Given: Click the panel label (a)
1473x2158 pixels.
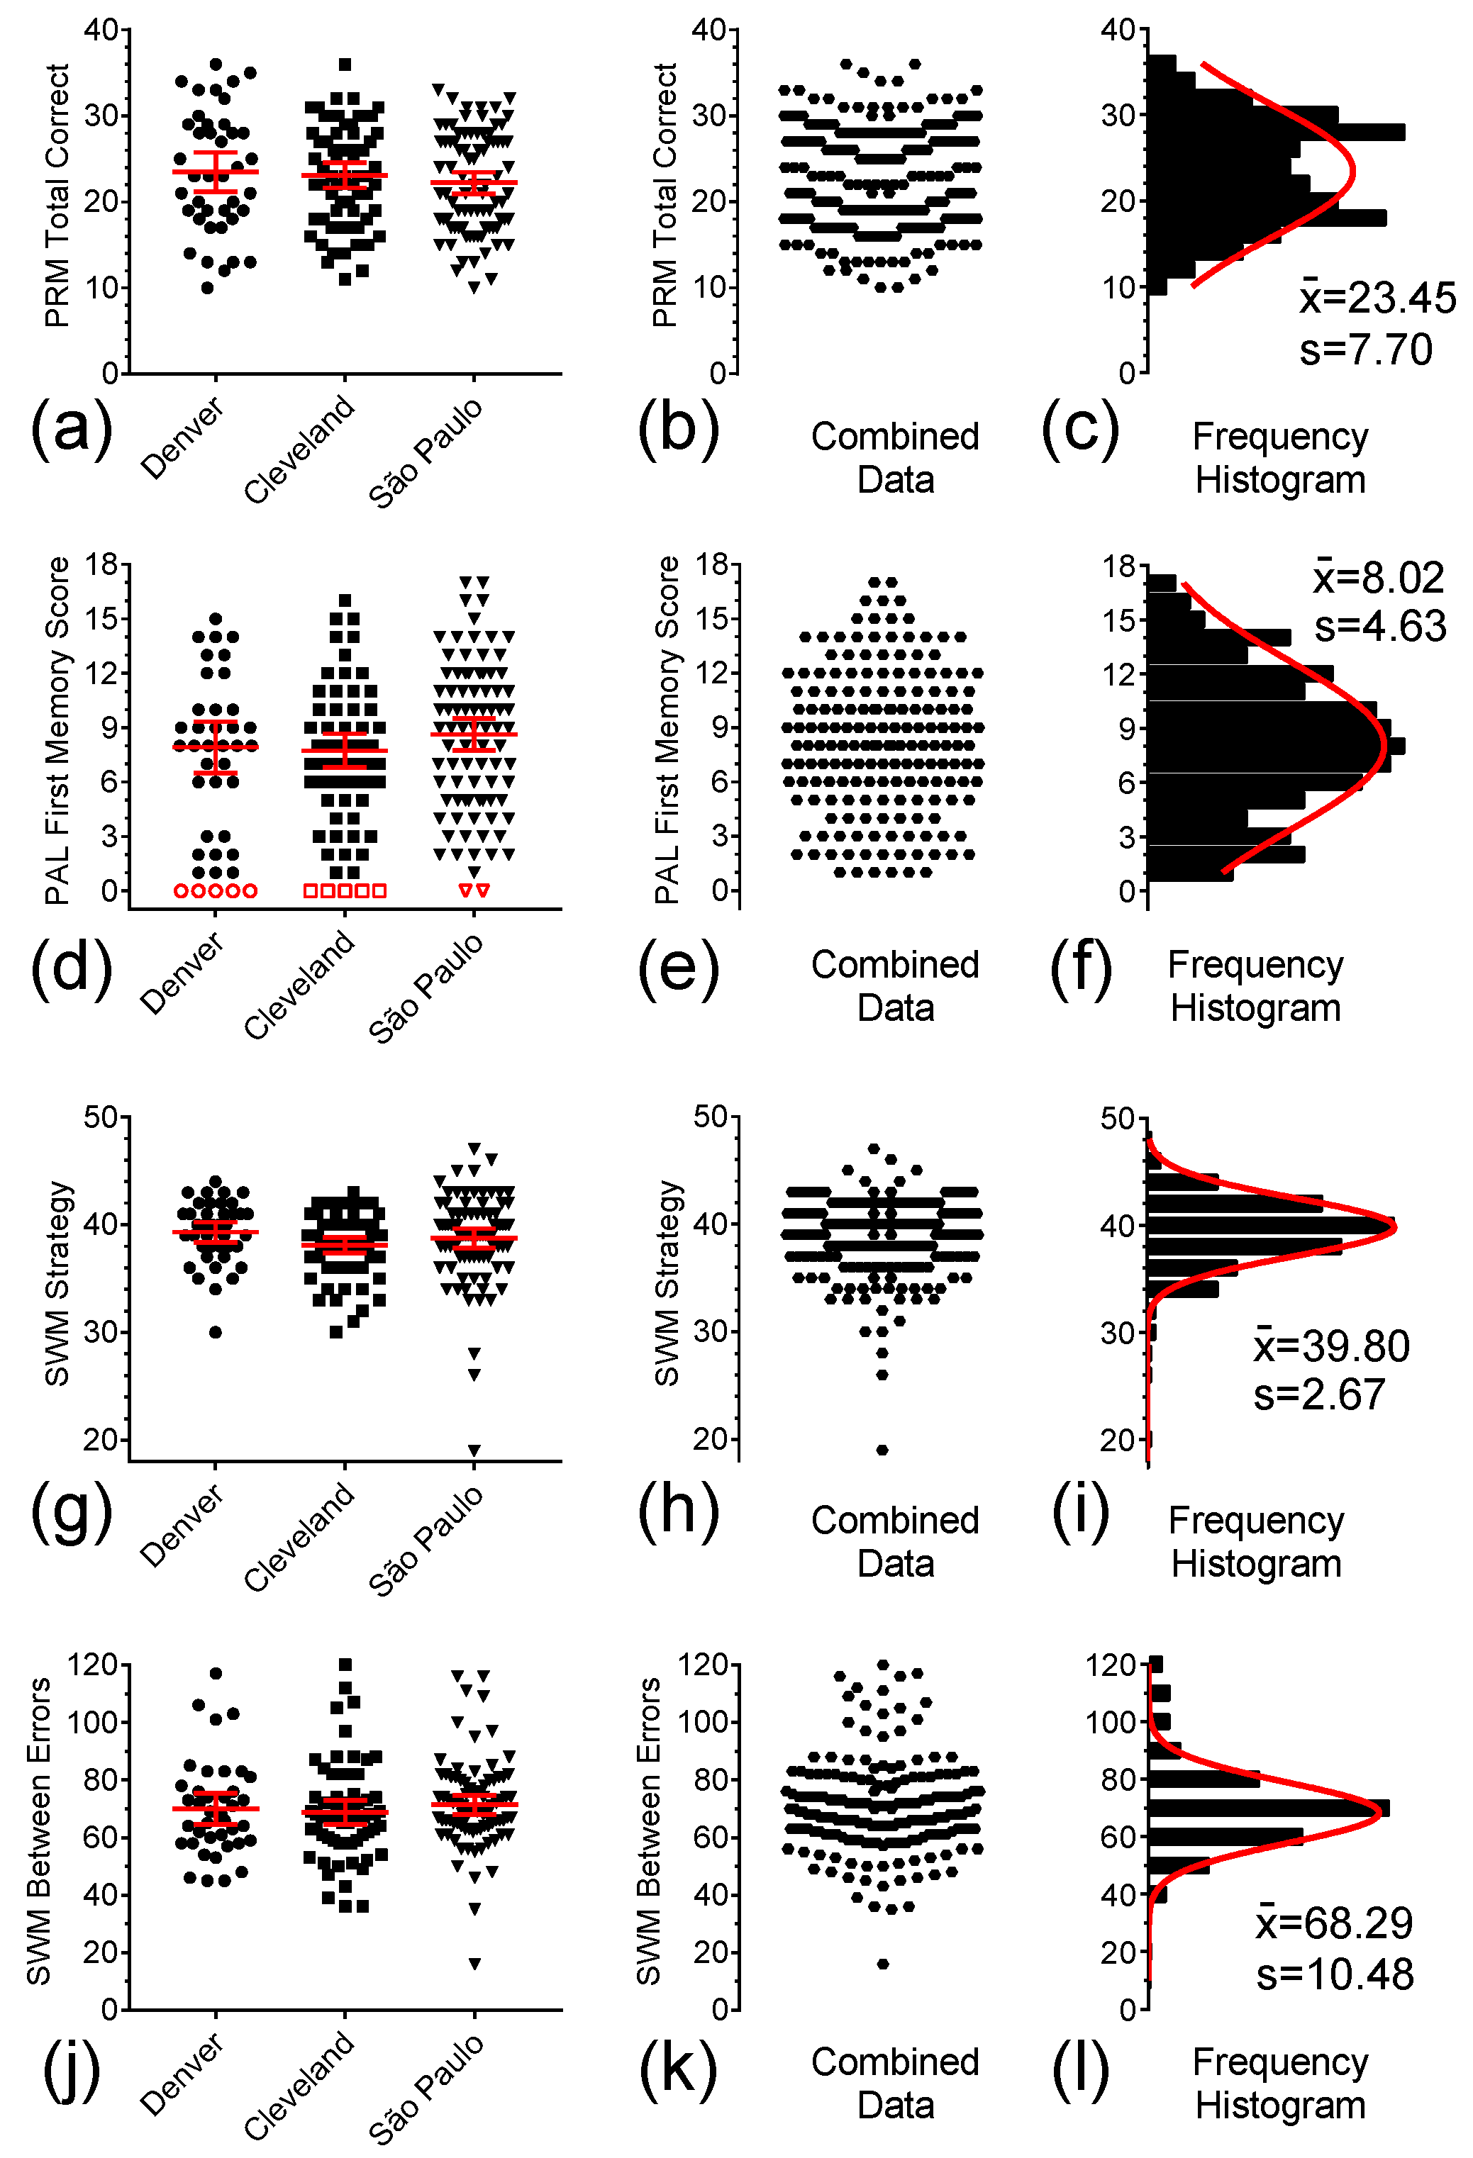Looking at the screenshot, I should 72,428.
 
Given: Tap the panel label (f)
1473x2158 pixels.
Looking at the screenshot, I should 1080,968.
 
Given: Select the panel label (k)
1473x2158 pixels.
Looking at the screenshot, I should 678,2068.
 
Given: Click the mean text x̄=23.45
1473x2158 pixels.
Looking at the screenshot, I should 1377,298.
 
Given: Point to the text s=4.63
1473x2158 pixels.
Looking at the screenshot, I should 1379,627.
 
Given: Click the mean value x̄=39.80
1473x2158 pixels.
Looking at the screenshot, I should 1331,1346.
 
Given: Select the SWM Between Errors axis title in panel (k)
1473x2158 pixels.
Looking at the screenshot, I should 648,1831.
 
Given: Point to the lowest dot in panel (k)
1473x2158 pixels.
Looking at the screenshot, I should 882,1963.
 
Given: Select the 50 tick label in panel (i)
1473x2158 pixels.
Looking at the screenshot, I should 1118,1118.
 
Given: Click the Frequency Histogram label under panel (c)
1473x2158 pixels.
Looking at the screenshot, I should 1280,458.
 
